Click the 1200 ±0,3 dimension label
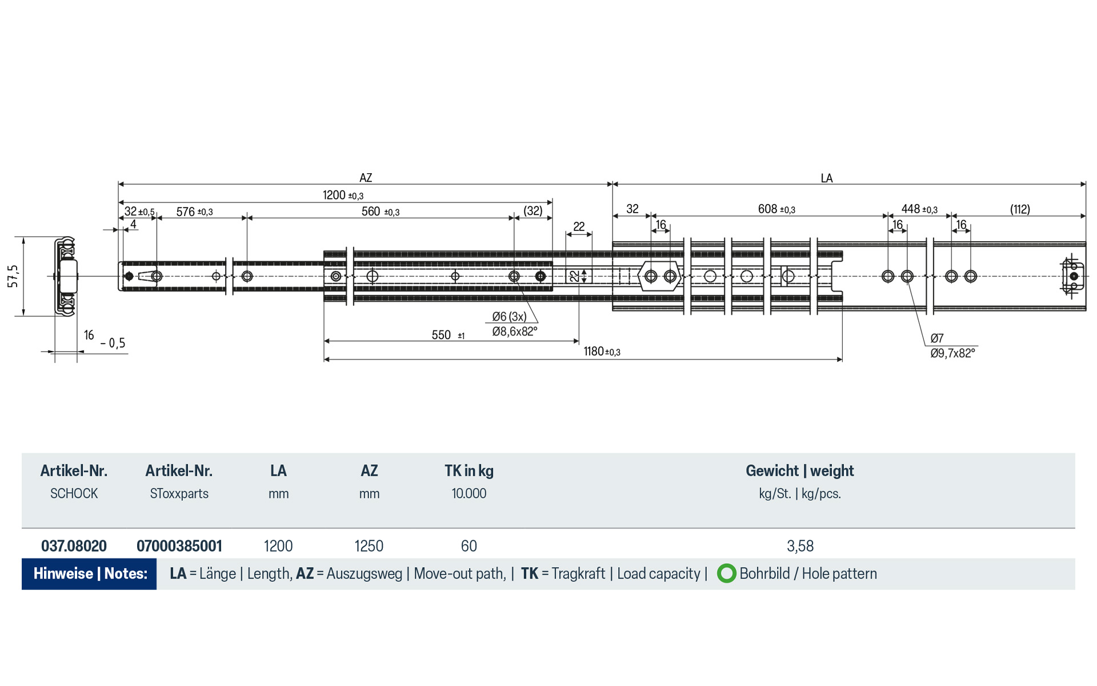click(x=343, y=196)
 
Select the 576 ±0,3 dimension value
click(x=194, y=212)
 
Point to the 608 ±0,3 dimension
click(x=776, y=209)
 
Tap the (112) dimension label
click(x=1019, y=209)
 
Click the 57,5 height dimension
click(x=13, y=276)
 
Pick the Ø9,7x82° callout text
click(x=952, y=353)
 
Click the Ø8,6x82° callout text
click(x=514, y=332)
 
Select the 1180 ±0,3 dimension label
click(x=602, y=352)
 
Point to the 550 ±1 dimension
click(x=447, y=335)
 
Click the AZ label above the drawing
click(x=366, y=178)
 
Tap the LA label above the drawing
click(x=826, y=178)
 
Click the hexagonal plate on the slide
click(x=660, y=276)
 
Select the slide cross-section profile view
click(x=66, y=276)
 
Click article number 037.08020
click(x=74, y=546)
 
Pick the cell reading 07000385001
click(x=179, y=546)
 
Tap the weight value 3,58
click(x=800, y=546)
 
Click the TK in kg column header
click(x=469, y=471)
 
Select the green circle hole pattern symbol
click(x=726, y=573)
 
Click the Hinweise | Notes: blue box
click(x=90, y=573)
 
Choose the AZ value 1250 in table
click(x=369, y=546)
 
